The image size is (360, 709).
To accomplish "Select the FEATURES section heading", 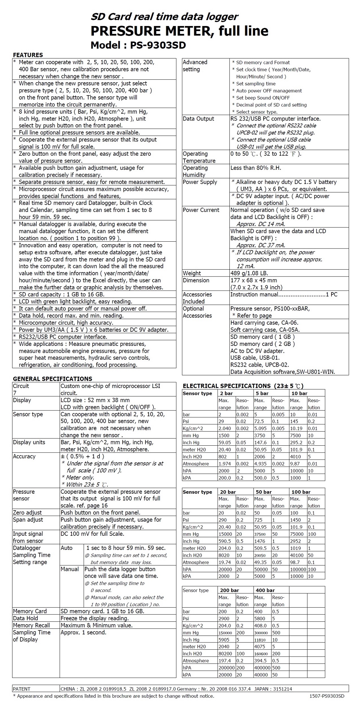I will [x=28, y=55].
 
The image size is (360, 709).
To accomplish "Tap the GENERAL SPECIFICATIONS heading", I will [x=52, y=379].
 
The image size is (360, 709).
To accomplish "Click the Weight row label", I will [x=192, y=273].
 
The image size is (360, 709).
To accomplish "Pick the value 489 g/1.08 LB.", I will [x=249, y=273].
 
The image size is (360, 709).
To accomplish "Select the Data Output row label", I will [x=198, y=119].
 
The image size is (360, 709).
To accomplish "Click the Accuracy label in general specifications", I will [x=24, y=456].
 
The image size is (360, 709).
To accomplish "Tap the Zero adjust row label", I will [x=27, y=513].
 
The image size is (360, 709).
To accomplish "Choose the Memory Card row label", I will [x=30, y=611].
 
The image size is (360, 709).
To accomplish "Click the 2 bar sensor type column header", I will [x=226, y=393].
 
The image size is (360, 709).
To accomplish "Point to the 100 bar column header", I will [x=301, y=492].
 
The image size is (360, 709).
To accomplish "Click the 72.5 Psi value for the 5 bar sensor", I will [x=259, y=422].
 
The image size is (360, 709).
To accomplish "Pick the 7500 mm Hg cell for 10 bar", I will [x=295, y=435].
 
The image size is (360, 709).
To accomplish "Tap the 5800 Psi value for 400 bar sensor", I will [x=260, y=619].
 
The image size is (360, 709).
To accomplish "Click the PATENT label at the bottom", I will [x=22, y=689].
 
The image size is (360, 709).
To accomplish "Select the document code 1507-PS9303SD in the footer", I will [x=326, y=696].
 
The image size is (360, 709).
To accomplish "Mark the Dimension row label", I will [x=196, y=280].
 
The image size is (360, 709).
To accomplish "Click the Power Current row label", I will [x=201, y=210].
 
